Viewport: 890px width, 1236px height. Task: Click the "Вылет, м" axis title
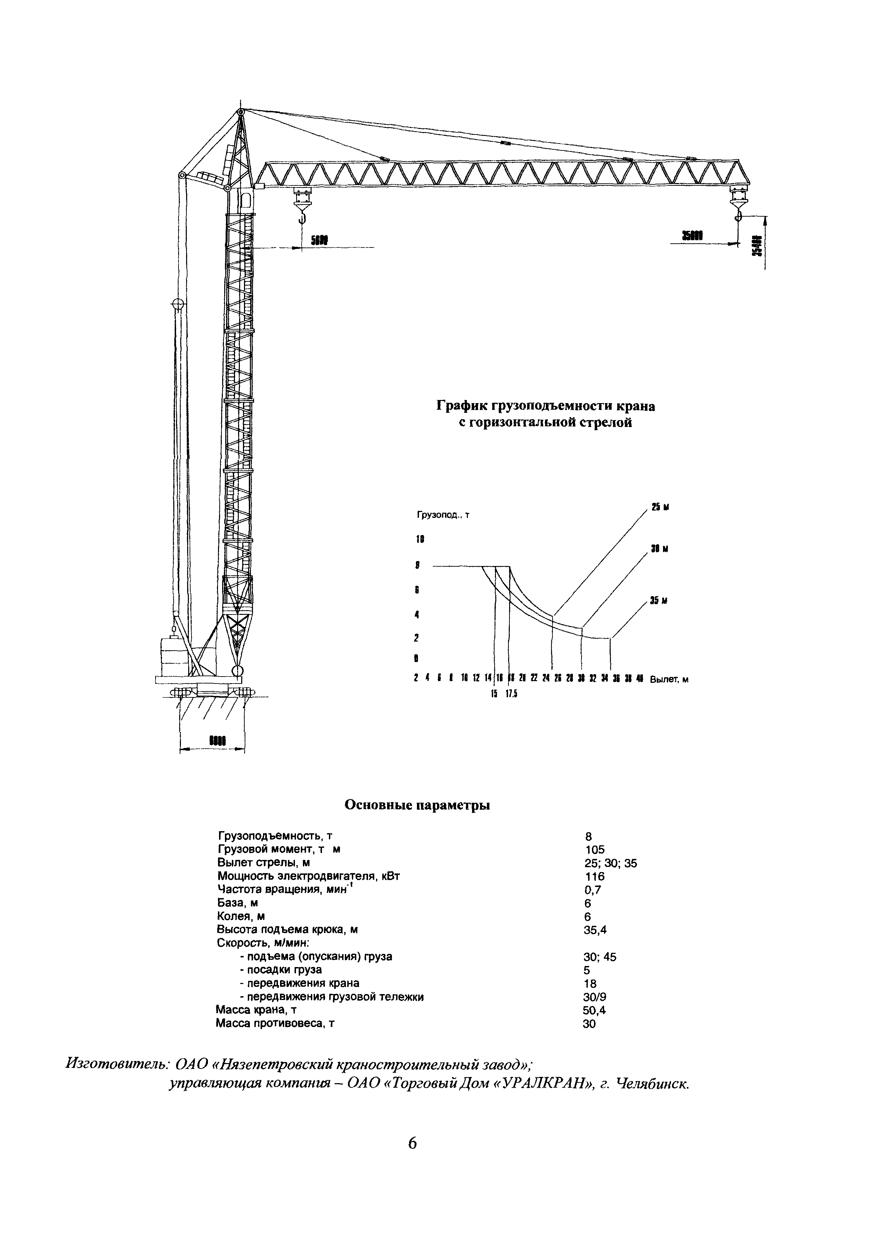point(669,679)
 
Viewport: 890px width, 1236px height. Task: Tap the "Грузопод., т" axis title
point(443,515)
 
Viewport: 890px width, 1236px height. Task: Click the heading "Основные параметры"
point(417,806)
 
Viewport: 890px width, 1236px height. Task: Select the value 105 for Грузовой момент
point(594,865)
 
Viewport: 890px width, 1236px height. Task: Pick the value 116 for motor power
point(594,891)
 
